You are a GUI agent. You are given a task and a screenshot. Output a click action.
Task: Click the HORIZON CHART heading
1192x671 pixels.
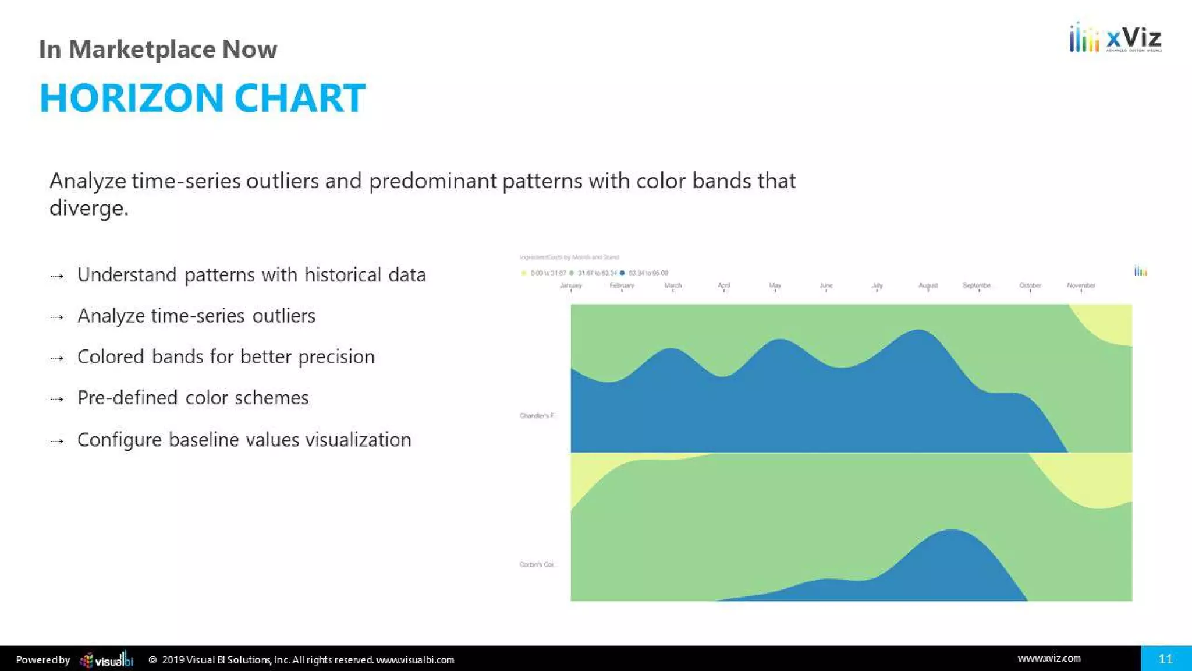click(202, 98)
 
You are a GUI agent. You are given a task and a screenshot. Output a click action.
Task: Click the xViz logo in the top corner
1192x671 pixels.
click(1115, 38)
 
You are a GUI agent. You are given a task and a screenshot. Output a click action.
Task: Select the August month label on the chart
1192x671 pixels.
click(928, 285)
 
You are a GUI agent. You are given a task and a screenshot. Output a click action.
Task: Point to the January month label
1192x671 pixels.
click(570, 285)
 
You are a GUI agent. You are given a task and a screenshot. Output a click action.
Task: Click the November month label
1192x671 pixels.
click(1081, 285)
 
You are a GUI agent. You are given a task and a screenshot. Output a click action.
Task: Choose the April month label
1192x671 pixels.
click(723, 285)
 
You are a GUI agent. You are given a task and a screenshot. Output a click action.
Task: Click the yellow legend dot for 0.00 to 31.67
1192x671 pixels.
click(524, 273)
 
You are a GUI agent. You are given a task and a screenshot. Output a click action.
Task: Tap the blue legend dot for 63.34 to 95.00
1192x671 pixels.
click(622, 273)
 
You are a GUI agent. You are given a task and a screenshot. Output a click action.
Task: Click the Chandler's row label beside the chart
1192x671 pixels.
click(537, 416)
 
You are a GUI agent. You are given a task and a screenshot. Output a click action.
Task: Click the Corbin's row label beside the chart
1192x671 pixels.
click(537, 564)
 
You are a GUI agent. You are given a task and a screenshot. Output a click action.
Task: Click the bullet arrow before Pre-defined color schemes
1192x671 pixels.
click(57, 399)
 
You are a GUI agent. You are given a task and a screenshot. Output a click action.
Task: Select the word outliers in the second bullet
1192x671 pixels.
click(283, 316)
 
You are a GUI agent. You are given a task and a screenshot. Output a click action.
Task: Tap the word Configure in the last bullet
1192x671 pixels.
click(119, 440)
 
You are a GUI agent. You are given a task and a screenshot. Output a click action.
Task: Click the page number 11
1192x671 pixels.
click(1165, 659)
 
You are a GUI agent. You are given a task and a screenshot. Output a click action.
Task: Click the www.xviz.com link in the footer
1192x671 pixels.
click(1049, 658)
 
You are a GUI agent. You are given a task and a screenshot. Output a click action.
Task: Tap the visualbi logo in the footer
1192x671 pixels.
click(107, 660)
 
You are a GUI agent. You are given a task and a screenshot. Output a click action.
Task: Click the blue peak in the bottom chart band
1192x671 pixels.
click(950, 559)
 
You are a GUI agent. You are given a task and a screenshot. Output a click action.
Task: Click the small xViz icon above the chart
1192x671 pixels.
click(1140, 271)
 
